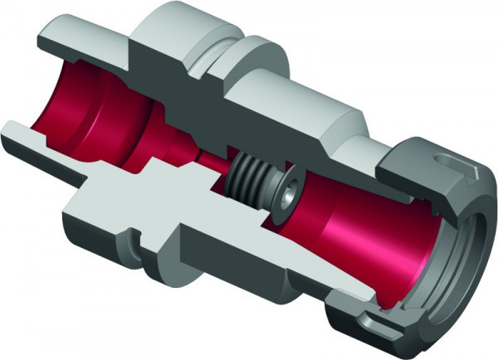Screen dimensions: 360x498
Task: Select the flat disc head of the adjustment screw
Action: tap(282, 194)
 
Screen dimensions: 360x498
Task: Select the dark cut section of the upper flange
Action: tap(166, 75)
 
